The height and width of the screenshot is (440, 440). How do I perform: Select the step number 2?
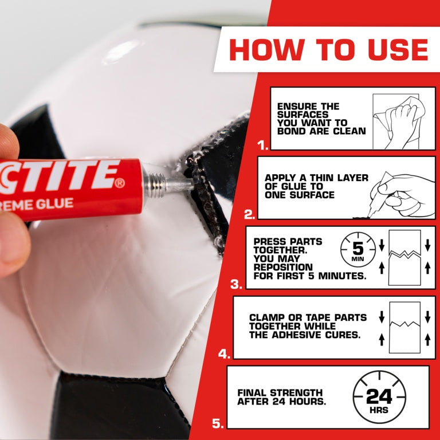(249, 215)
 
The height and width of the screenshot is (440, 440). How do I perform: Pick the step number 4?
(223, 354)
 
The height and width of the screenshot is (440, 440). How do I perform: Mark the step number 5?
(217, 424)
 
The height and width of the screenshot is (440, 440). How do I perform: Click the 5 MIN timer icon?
(357, 250)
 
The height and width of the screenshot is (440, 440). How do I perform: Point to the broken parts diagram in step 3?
(404, 257)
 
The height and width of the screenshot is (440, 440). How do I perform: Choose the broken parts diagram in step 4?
(404, 327)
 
